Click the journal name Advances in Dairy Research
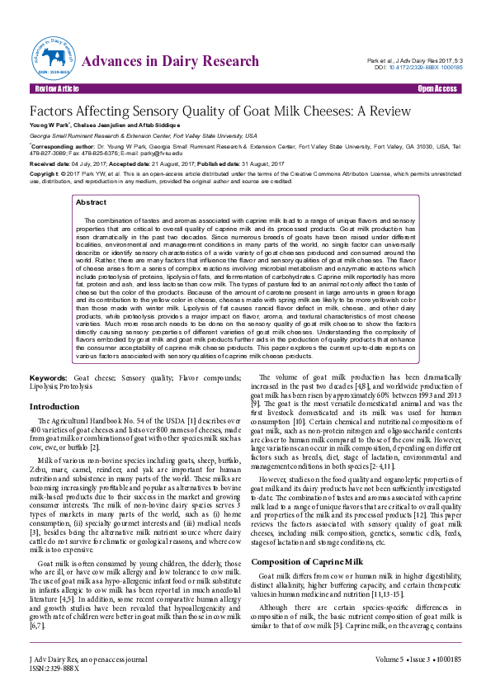[x=172, y=61]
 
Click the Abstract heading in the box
[x=91, y=201]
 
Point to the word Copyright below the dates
[x=44, y=174]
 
